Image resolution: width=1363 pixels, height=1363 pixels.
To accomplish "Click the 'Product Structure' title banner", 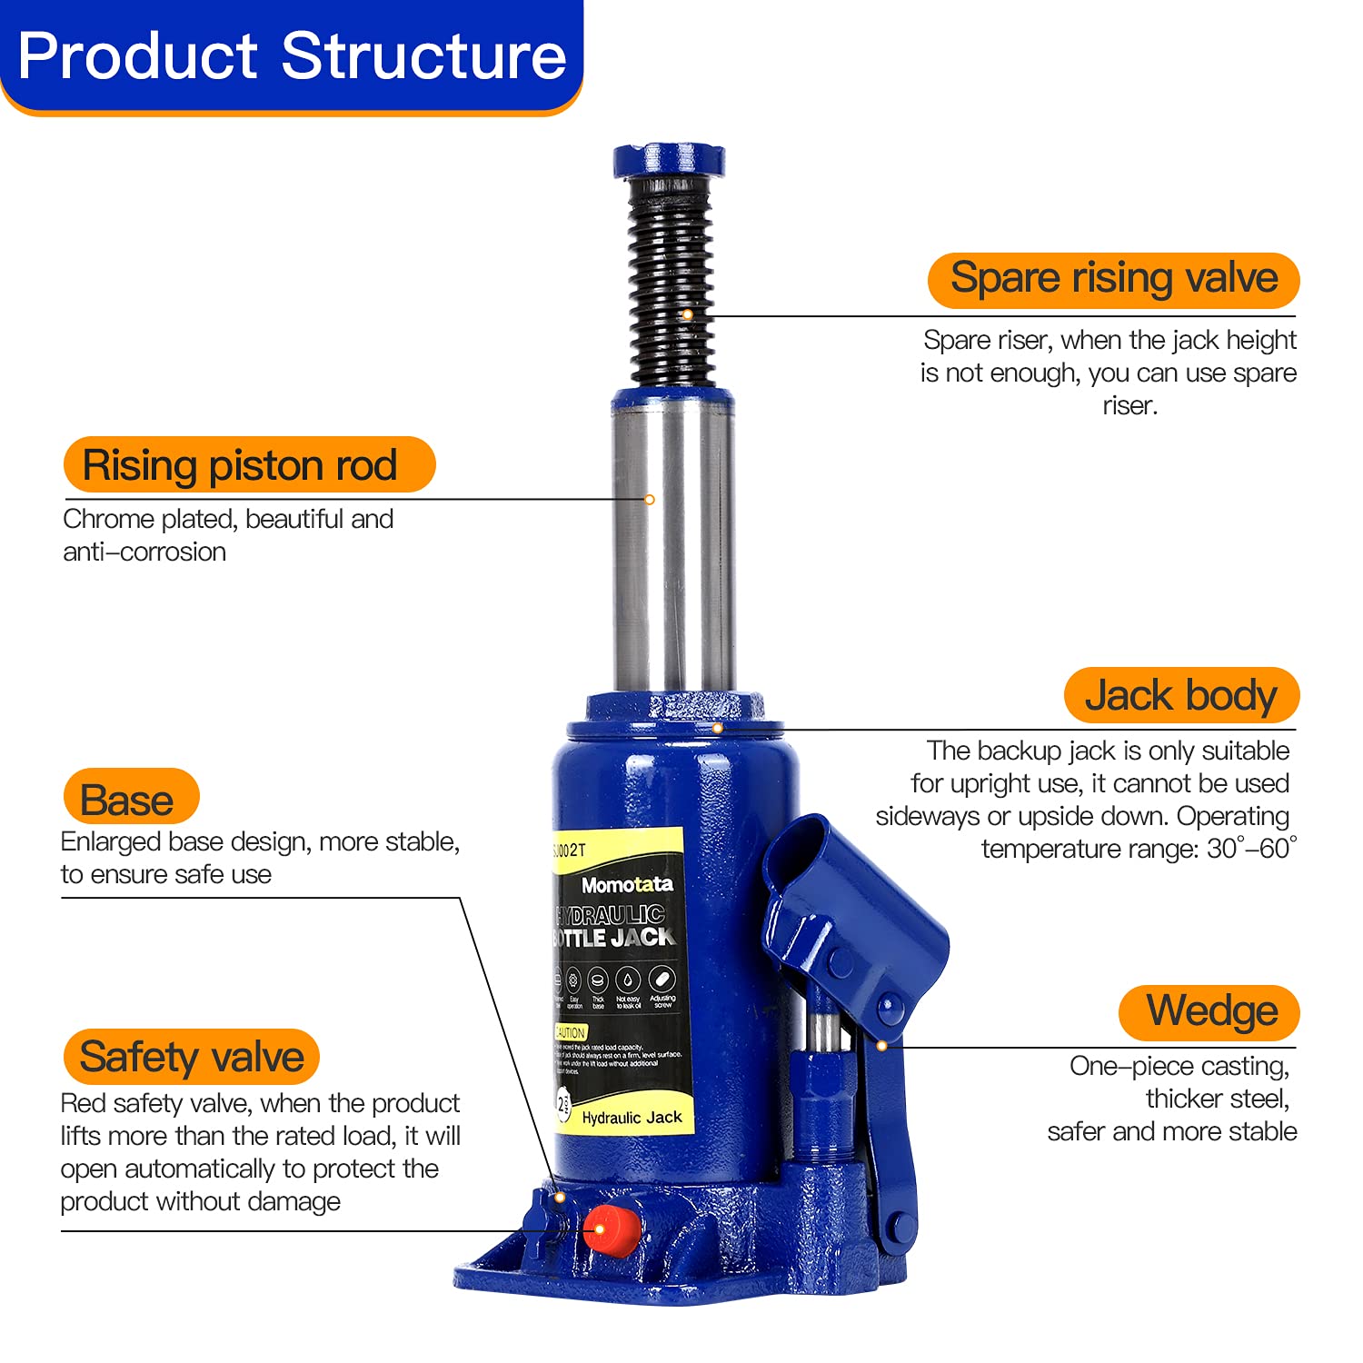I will coord(291,56).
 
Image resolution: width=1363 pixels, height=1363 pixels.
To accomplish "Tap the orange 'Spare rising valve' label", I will coord(1113,279).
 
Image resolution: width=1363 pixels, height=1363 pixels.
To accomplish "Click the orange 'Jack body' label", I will coord(1180,696).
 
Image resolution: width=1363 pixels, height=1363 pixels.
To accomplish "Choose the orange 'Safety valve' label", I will coord(191,1057).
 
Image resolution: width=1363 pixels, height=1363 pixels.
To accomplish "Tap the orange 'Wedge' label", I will coord(1209,1012).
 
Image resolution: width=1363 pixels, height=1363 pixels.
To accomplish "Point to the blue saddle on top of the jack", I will coord(669,160).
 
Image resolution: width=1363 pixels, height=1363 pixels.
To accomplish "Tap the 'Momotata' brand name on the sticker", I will coord(627,885).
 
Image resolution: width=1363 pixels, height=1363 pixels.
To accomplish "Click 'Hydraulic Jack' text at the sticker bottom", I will coord(632,1118).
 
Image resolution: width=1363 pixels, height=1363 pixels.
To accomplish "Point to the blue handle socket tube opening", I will coord(795,845).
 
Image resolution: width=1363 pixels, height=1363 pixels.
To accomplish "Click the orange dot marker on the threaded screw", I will coord(688,314).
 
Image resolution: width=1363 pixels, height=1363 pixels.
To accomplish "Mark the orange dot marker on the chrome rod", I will coord(650,500).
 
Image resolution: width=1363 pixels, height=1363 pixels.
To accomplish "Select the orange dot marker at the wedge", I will coord(881,1046).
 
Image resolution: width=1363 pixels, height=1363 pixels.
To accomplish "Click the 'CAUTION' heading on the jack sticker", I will coord(571,1033).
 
